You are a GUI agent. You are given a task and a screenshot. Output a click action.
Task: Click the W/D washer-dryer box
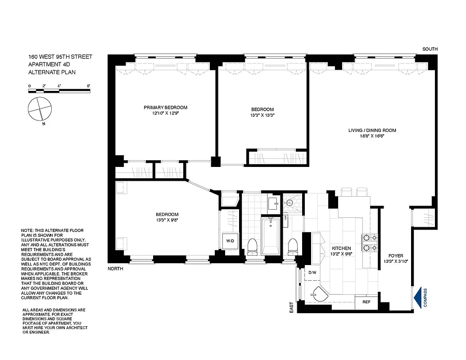click(x=230, y=241)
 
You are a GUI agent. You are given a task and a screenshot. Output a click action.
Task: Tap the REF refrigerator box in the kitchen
click(x=366, y=302)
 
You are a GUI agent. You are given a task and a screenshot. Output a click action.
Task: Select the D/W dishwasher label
click(x=312, y=273)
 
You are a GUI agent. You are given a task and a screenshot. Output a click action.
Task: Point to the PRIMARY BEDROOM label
click(x=165, y=108)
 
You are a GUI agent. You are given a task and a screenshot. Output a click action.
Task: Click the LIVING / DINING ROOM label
click(x=372, y=130)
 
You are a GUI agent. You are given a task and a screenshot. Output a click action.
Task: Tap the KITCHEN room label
click(x=341, y=248)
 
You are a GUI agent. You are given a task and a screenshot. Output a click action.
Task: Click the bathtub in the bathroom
click(x=271, y=236)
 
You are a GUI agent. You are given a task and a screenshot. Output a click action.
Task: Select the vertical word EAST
click(x=291, y=307)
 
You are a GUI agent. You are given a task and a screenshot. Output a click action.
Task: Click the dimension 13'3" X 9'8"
click(x=167, y=220)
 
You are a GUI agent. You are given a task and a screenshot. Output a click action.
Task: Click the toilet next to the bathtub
click(x=253, y=247)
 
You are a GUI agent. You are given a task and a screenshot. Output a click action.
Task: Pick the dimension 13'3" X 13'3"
click(x=262, y=115)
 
